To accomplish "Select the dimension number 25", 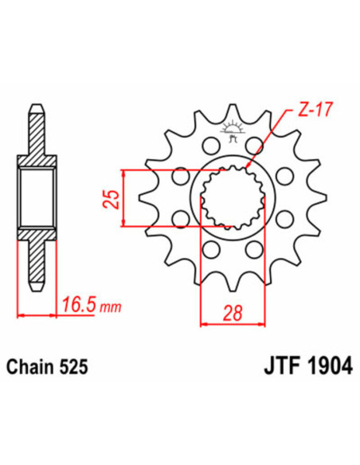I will (x=112, y=198).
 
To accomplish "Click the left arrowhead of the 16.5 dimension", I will (x=20, y=315).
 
